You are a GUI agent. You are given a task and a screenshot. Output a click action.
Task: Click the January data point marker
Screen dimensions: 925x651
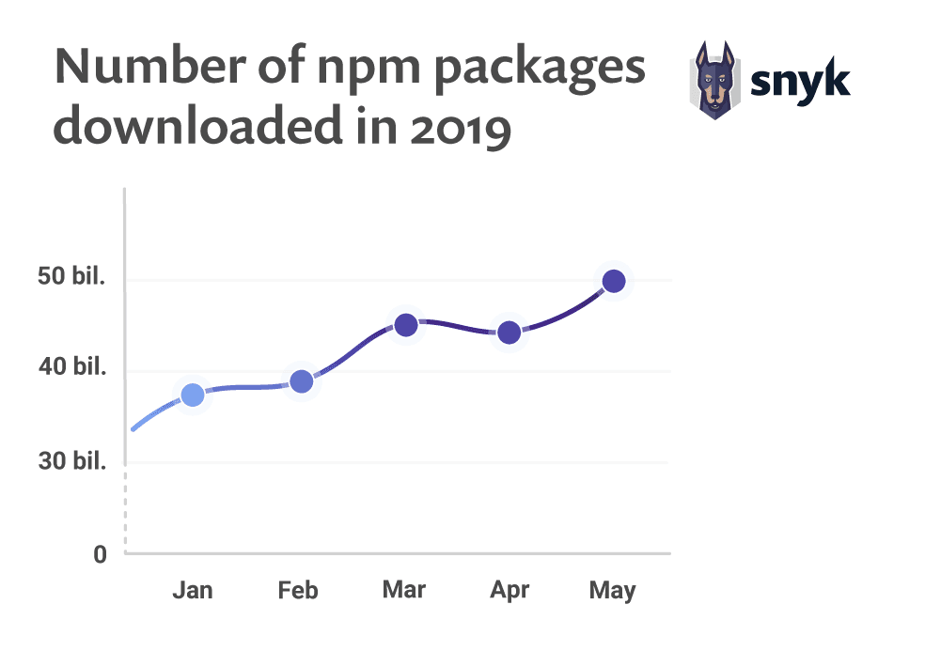click(193, 395)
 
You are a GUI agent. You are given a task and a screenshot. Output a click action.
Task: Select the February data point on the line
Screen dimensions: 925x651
click(302, 381)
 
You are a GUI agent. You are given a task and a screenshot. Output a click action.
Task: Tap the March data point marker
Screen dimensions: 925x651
click(406, 324)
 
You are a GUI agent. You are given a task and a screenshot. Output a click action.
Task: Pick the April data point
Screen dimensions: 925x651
click(510, 333)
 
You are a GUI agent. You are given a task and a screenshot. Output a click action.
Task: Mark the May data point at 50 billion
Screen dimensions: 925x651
click(614, 281)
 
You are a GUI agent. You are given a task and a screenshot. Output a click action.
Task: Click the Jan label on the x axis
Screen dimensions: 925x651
click(193, 590)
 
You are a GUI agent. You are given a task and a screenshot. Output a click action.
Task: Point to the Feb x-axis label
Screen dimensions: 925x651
click(298, 590)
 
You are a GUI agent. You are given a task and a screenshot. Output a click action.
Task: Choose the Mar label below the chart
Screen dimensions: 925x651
click(404, 590)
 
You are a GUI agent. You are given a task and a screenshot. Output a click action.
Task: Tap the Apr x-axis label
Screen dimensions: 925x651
click(510, 591)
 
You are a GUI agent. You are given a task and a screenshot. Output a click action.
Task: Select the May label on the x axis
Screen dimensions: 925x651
click(612, 591)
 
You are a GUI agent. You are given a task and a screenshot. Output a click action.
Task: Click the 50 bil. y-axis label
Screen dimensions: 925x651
click(71, 276)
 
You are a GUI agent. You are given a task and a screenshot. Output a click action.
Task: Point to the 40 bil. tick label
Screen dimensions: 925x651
click(72, 366)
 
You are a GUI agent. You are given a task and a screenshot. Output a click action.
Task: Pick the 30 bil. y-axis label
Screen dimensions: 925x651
click(72, 460)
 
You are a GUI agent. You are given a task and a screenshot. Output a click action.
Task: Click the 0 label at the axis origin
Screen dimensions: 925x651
click(100, 554)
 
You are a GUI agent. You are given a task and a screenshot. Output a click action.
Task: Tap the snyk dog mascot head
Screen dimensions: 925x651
click(715, 80)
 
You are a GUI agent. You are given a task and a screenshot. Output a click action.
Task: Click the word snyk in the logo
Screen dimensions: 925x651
click(800, 82)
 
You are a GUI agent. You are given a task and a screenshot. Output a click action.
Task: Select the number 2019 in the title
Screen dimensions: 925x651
click(460, 129)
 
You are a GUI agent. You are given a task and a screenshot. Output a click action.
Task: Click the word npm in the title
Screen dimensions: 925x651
click(368, 70)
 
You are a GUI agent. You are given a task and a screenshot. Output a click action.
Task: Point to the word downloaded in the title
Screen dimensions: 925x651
click(197, 125)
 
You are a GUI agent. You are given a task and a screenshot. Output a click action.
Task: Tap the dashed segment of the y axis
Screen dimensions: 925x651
click(125, 508)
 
